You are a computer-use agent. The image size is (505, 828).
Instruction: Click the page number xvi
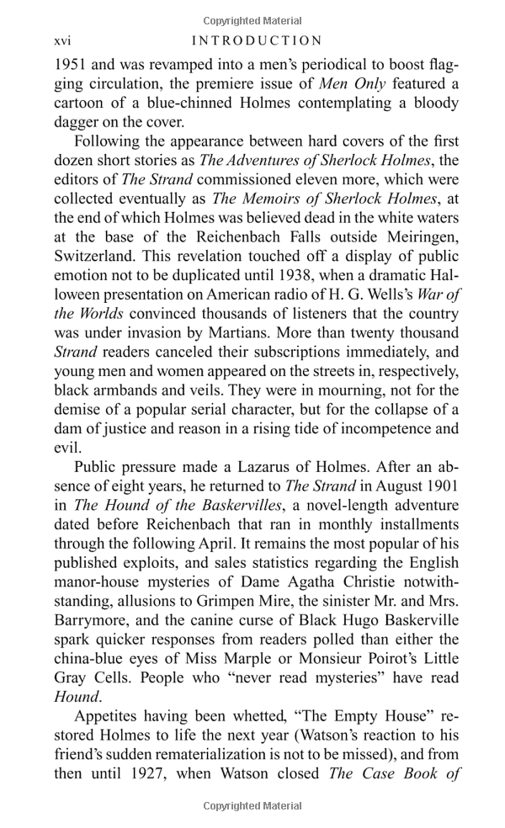pyautogui.click(x=64, y=40)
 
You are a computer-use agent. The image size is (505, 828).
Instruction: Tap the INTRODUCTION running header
pyautogui.click(x=257, y=40)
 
